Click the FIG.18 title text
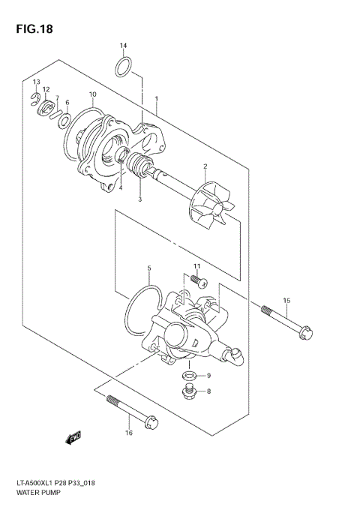(x=31, y=29)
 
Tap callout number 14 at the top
(x=124, y=46)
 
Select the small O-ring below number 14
(x=125, y=67)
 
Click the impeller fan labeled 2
(x=213, y=204)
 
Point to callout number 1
(x=156, y=99)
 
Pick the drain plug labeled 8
(x=188, y=390)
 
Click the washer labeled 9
(x=190, y=375)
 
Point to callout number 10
(x=92, y=94)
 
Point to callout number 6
(x=67, y=102)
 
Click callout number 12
(x=46, y=89)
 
